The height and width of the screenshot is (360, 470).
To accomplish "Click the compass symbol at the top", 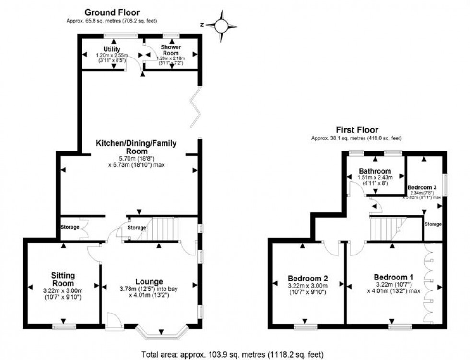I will pyautogui.click(x=222, y=25).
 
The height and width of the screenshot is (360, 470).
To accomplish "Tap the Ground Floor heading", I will pyautogui.click(x=112, y=12).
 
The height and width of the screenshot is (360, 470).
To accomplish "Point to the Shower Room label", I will pyautogui.click(x=171, y=49).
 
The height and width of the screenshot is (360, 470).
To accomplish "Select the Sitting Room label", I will pyautogui.click(x=63, y=279).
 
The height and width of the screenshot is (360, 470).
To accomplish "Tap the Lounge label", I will pyautogui.click(x=149, y=281).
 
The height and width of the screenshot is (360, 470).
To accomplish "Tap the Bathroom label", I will pyautogui.click(x=375, y=171).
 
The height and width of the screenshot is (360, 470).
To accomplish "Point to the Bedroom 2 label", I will pyautogui.click(x=307, y=278).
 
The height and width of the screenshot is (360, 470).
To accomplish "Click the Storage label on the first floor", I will pyautogui.click(x=433, y=224).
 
